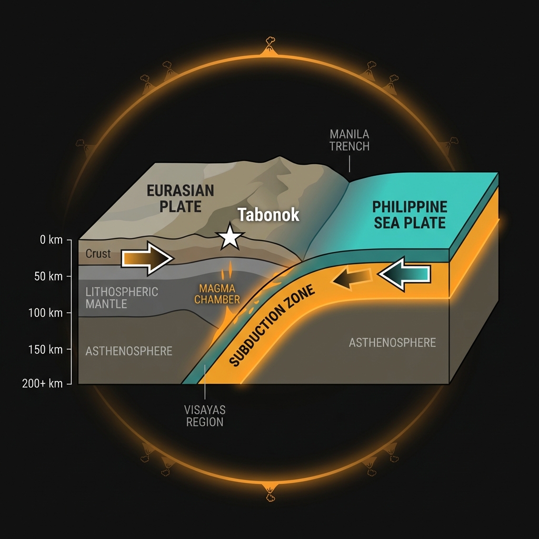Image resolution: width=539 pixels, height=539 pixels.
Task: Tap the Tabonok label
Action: pos(268,215)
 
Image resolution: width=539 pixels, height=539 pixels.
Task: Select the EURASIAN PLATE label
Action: pos(181,198)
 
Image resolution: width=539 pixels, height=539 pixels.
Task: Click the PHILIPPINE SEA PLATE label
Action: pos(410,214)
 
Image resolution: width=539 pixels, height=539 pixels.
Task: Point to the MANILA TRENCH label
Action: pos(350,140)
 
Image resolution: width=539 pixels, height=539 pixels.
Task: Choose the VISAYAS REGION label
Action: pos(205,416)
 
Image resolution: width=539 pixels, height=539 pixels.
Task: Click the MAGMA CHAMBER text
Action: pos(219,294)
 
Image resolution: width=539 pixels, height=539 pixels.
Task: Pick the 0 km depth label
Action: pos(51,241)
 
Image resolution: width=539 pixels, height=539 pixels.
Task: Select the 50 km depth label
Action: pos(48,276)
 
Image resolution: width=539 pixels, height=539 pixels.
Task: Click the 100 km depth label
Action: pos(45,313)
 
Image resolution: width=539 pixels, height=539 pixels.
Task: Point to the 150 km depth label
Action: pos(45,350)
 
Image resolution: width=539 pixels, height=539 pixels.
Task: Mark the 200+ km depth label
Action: pos(42,384)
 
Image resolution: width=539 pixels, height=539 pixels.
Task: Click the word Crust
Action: pos(98,254)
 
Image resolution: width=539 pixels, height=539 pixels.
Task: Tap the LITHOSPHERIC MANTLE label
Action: pos(122,298)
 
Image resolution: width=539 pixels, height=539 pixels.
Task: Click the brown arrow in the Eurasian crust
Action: pos(147,258)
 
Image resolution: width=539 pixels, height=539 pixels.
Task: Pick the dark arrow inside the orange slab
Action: pos(353,278)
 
